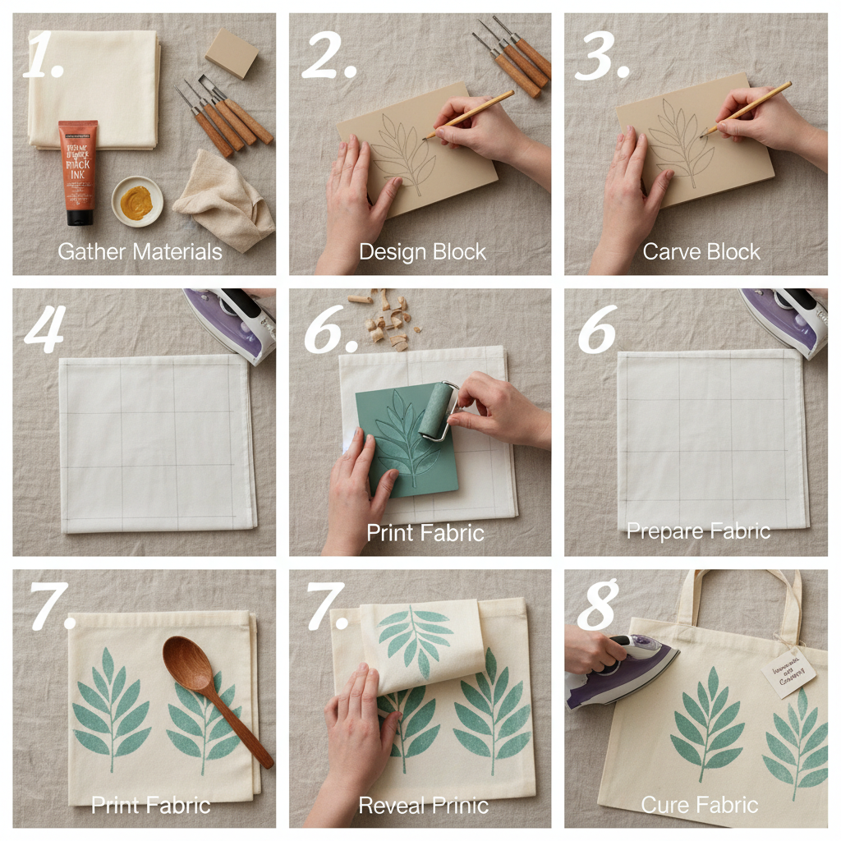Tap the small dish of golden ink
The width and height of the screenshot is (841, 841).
(137, 201)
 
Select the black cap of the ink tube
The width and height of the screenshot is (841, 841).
(80, 217)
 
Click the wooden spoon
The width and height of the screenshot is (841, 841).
(214, 690)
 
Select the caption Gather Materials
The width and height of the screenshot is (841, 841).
(140, 251)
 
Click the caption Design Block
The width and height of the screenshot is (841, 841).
(422, 251)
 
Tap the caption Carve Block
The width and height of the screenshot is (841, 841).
(701, 251)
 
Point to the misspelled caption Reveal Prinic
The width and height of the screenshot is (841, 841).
(423, 805)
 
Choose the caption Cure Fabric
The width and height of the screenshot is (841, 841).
(700, 805)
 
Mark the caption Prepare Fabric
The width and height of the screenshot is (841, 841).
(698, 531)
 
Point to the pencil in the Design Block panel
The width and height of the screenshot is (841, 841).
(469, 114)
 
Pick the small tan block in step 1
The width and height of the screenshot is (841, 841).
(232, 53)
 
